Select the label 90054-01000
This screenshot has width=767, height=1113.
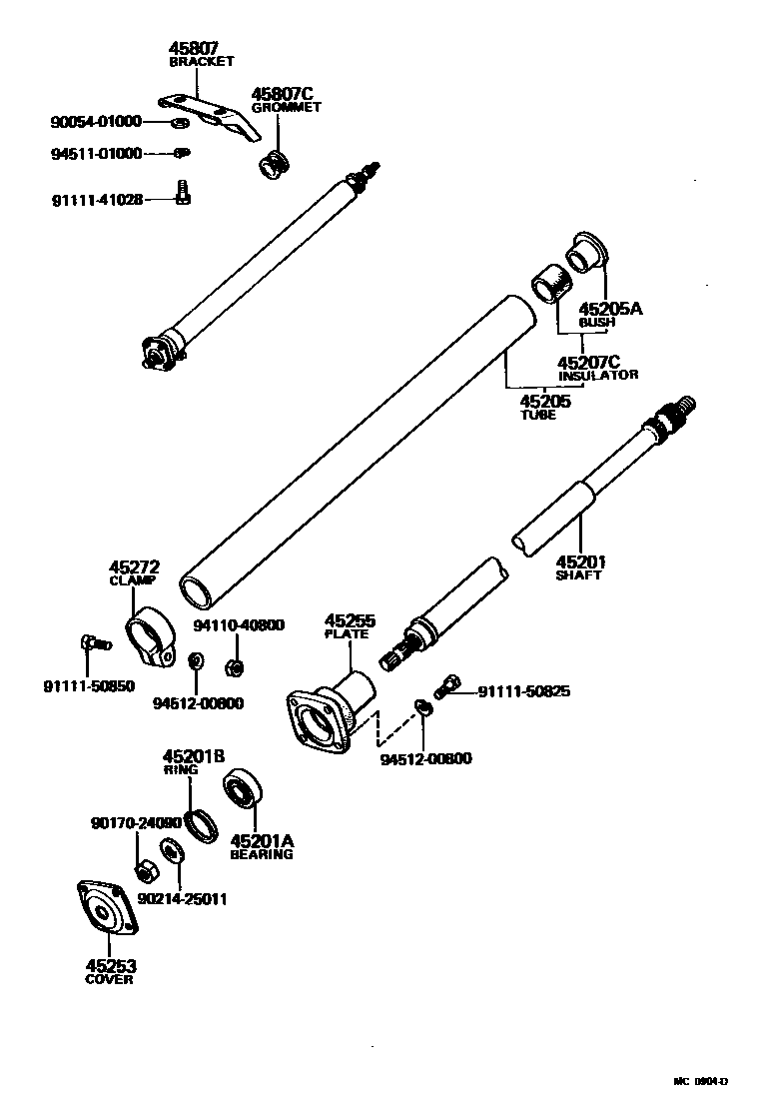coord(96,122)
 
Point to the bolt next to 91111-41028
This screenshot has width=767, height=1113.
coord(183,192)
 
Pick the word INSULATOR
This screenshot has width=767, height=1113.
coord(597,375)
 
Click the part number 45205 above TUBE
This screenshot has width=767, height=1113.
coord(544,401)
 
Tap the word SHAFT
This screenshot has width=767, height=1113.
coord(578,575)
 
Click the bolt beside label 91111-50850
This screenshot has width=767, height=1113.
coord(89,643)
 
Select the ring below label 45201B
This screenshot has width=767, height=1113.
coord(203,825)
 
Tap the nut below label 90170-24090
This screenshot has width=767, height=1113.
coord(144,870)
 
